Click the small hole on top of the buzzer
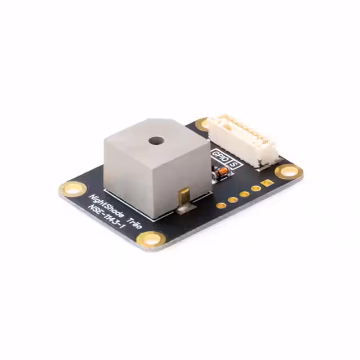156,141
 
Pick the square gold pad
267,183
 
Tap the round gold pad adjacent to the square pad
255,188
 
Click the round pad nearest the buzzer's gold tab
220,205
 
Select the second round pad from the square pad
244,193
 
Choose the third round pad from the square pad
232,199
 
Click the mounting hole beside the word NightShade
73,188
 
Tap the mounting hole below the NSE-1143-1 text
151,239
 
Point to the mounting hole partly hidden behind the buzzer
202,124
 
